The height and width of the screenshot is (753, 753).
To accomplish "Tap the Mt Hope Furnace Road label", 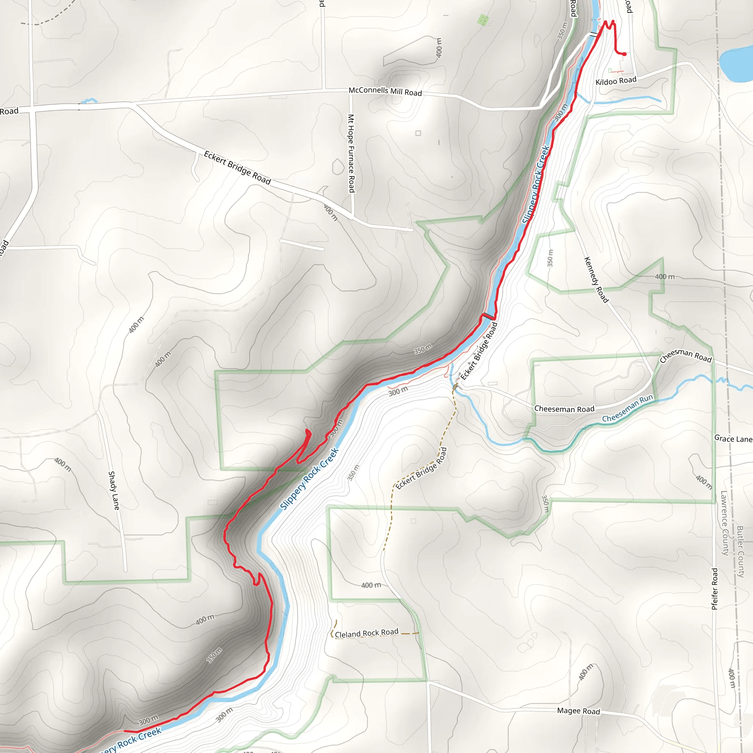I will point(351,153).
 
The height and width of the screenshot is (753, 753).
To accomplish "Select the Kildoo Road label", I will point(616,81).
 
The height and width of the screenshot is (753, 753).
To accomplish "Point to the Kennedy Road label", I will point(596,279).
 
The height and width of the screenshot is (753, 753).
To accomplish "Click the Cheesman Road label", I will point(686,356).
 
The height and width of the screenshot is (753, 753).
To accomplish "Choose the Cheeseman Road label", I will point(564,409).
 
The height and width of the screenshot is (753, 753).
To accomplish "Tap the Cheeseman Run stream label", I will point(627,408).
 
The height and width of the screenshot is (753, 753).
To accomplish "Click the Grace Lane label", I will point(733,439).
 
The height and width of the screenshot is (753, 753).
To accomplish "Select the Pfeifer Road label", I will point(714,589).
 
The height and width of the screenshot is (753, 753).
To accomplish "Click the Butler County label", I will point(740,552).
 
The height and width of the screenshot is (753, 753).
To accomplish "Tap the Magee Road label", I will point(578,711).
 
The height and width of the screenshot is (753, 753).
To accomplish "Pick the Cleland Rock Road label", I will point(366,634).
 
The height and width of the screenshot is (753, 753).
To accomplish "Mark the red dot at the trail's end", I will point(624,54).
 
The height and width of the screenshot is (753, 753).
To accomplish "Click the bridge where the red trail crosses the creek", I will point(488,316).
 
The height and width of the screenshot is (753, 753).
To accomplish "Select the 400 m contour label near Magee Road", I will point(585,672).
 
